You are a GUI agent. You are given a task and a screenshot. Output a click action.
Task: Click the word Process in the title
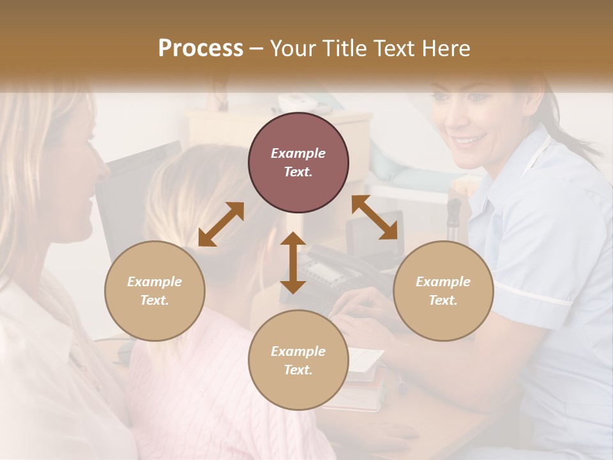201,49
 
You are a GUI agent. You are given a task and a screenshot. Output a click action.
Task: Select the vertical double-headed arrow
293,263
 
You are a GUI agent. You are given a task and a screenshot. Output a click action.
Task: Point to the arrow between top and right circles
375,217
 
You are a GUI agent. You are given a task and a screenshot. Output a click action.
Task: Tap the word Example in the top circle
298,153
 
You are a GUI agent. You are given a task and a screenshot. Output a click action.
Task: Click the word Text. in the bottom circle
298,370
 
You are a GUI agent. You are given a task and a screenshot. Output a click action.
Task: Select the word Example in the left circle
155,282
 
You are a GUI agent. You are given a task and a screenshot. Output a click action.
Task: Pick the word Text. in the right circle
443,300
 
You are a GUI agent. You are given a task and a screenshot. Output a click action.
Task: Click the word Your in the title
291,49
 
